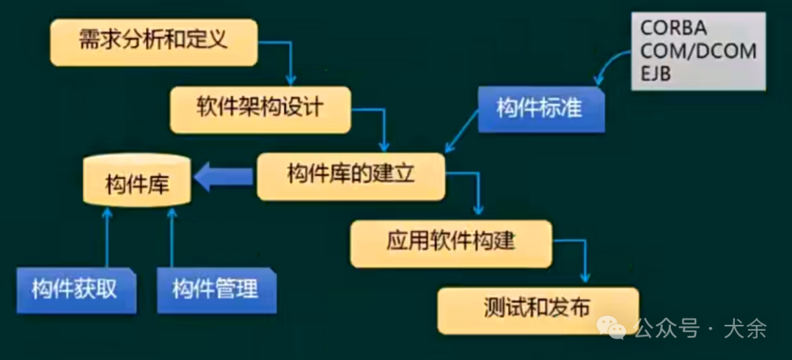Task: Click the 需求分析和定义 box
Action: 153,41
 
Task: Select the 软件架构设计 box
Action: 260,109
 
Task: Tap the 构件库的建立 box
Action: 351,176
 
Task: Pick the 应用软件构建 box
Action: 450,243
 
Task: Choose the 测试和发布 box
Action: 538,309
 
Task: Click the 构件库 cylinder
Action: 137,182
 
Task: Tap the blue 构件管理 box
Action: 216,290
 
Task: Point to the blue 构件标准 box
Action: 540,109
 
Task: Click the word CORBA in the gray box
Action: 674,29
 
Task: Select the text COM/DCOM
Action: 697,51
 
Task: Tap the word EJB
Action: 656,74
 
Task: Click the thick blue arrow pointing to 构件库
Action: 223,177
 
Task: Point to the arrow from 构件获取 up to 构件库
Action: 107,238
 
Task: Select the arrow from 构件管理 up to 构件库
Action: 172,238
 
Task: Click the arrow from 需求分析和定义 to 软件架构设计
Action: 287,57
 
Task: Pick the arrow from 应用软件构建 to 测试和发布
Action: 582,258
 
